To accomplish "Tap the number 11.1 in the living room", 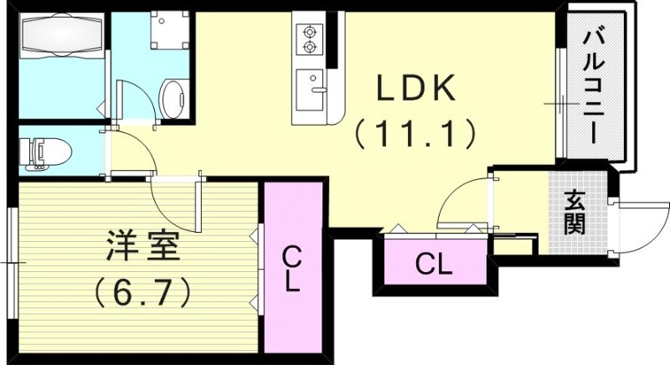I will [415, 132].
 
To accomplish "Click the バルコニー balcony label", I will [595, 85].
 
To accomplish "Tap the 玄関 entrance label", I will [574, 213].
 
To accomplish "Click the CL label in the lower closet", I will [435, 265].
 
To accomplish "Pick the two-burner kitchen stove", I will [308, 37].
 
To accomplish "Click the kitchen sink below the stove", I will [313, 84].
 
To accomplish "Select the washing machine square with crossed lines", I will [168, 31].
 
